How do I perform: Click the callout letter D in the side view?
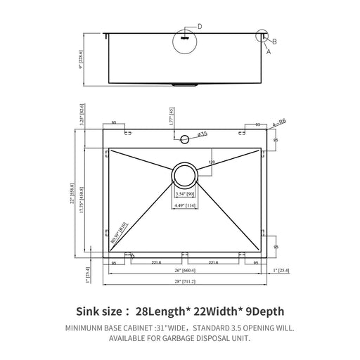(x=200, y=26)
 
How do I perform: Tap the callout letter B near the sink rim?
(x=274, y=41)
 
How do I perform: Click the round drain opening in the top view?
(x=185, y=174)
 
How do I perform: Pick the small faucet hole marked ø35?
(x=186, y=138)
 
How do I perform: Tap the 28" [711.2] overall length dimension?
(x=186, y=281)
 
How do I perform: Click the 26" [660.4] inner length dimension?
(x=186, y=270)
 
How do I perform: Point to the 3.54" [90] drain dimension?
(x=185, y=195)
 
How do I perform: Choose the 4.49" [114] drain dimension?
(x=185, y=206)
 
